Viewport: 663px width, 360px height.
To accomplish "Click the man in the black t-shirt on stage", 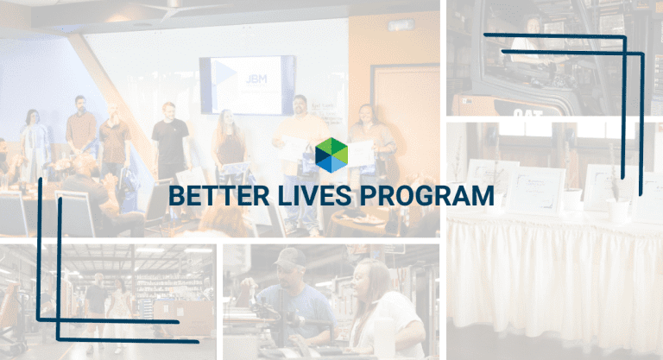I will tap(170, 142).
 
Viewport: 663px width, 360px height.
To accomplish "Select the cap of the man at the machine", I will tap(290, 257).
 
